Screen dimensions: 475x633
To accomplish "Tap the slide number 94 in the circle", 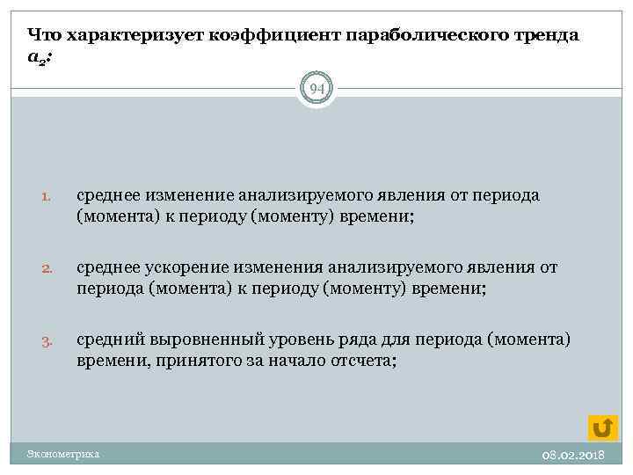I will click(316, 88).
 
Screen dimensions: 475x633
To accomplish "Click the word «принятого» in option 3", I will click(189, 361).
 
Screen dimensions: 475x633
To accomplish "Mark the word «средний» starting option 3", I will click(109, 340).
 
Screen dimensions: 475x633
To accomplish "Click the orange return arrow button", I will click(602, 427).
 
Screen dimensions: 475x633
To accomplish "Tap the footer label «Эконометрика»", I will click(63, 454).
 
